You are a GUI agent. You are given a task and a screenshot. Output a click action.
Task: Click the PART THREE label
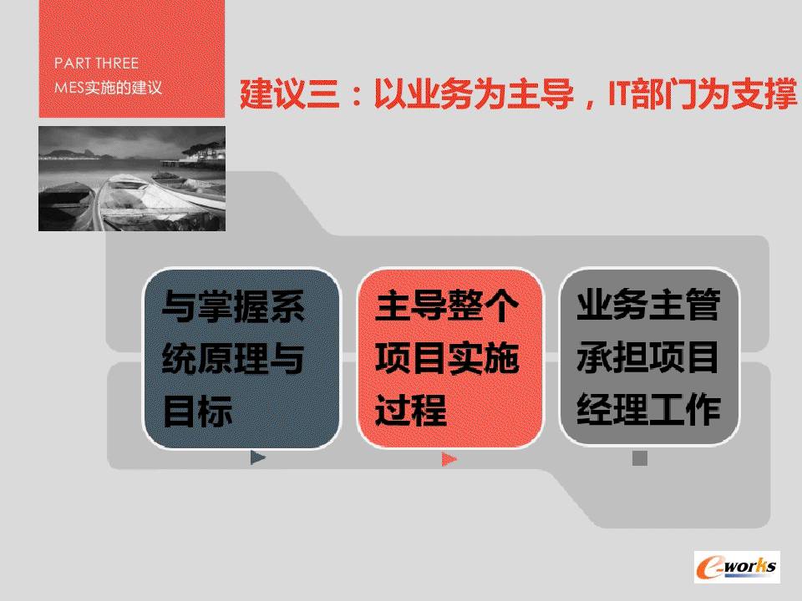(x=96, y=63)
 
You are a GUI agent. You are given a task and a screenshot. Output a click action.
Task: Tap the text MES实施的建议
(x=108, y=88)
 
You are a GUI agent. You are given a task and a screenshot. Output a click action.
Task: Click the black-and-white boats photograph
(x=132, y=179)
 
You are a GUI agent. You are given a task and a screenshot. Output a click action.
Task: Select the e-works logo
(x=737, y=567)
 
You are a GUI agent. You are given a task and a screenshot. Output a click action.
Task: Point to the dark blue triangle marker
(x=258, y=457)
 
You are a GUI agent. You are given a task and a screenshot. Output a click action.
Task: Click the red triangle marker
(x=449, y=459)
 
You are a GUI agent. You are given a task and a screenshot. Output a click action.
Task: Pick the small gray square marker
(x=640, y=458)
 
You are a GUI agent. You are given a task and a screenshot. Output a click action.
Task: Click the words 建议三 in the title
(x=290, y=94)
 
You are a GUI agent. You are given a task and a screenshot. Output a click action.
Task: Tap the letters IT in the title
(x=619, y=93)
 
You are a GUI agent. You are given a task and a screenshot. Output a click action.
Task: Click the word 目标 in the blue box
(x=197, y=411)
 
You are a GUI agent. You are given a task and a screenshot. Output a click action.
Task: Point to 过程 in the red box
(x=411, y=410)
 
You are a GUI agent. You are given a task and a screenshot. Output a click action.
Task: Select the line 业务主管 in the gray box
(x=648, y=305)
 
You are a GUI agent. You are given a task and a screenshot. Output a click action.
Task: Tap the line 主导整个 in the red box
(x=447, y=306)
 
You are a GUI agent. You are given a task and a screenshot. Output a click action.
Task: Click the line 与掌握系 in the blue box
(x=233, y=306)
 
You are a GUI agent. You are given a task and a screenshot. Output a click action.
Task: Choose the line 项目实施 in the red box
(x=447, y=358)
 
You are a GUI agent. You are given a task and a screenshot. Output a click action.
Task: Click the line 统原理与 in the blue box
(x=233, y=359)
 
